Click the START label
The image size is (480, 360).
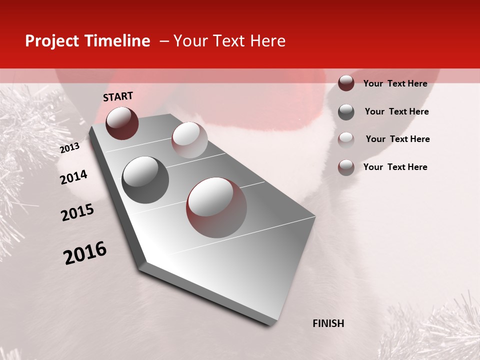(x=118, y=96)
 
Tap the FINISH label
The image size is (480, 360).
(x=328, y=323)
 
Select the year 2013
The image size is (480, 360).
(x=69, y=148)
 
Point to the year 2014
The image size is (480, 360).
(x=73, y=177)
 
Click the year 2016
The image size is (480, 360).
(x=85, y=253)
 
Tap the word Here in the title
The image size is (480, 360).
(x=267, y=41)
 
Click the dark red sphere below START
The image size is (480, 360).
(x=122, y=123)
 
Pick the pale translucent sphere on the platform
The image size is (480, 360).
(x=189, y=140)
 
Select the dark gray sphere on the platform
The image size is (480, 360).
(x=145, y=179)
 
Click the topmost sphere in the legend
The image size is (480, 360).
(x=346, y=83)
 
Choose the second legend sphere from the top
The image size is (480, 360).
(x=346, y=112)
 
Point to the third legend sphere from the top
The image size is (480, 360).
(x=346, y=139)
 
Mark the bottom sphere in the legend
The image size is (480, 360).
(x=346, y=167)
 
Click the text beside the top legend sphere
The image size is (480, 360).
(x=395, y=83)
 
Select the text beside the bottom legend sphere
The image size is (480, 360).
(x=395, y=167)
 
